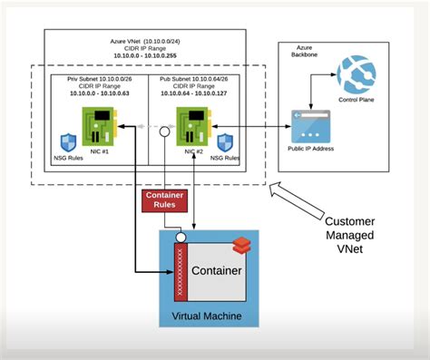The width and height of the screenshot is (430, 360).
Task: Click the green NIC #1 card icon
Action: [97, 124]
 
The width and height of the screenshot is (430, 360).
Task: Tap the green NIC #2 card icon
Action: [191, 124]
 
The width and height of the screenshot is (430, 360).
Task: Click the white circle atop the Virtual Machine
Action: [180, 238]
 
